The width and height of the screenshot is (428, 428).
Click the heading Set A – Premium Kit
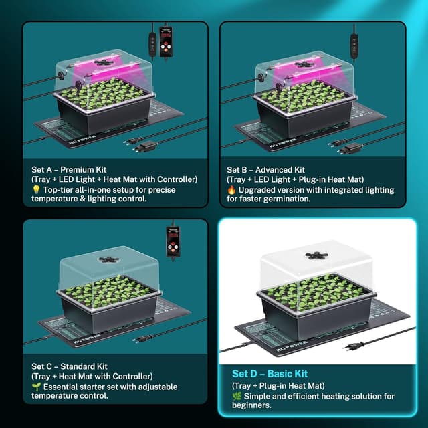[x=69, y=170]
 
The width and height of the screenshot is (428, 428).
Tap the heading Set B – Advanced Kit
[x=265, y=170]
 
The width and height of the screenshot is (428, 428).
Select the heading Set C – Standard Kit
[x=69, y=366]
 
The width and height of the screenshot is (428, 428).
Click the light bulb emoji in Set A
[x=35, y=189]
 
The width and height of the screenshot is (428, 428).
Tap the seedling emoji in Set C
[x=35, y=386]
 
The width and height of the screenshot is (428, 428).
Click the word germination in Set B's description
[x=284, y=199]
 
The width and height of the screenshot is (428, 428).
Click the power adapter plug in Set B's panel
[x=352, y=148]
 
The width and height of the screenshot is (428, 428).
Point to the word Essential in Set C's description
[x=61, y=386]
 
